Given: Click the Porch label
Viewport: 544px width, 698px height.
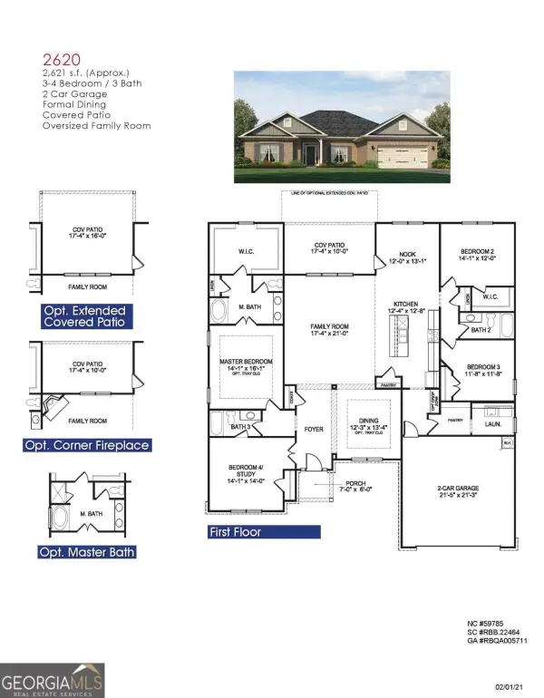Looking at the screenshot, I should pyautogui.click(x=361, y=485).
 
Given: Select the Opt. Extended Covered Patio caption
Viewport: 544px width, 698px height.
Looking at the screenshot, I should pyautogui.click(x=83, y=316).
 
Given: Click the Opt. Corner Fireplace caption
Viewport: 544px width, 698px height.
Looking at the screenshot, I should pyautogui.click(x=86, y=445).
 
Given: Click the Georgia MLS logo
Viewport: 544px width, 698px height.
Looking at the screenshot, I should pyautogui.click(x=53, y=680).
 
